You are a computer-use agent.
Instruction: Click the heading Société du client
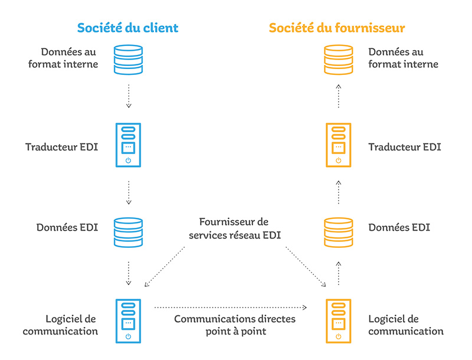tap(127, 28)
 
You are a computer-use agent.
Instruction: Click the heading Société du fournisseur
tap(336, 28)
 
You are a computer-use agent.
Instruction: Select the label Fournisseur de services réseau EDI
tap(234, 228)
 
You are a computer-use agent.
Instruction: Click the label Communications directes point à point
tap(234, 325)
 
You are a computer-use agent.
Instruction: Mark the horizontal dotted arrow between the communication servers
tap(231, 307)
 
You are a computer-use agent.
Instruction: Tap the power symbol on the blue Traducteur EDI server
tap(128, 160)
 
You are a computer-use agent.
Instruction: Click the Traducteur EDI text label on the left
tap(61, 146)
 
